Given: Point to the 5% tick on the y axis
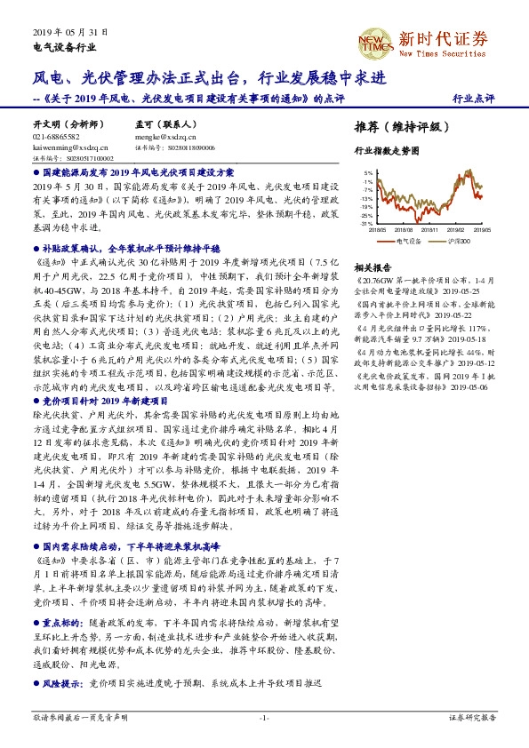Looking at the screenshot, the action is [368, 173].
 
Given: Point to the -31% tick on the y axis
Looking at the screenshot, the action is [367, 224].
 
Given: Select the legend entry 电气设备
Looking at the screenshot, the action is [410, 240].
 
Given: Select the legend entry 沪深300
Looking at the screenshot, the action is [456, 240].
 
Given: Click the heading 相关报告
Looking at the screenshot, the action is [371, 267].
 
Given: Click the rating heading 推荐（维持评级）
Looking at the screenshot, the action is [397, 126].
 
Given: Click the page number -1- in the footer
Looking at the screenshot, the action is [264, 716].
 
